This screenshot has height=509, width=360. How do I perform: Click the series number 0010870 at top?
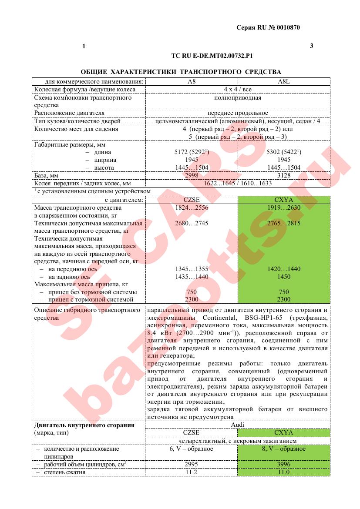[287, 28]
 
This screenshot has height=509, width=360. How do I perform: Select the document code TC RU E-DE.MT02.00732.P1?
[212, 56]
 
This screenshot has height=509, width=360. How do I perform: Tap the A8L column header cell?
[284, 81]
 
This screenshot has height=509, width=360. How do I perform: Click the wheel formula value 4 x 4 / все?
[237, 90]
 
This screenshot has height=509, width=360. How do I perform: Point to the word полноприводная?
[237, 98]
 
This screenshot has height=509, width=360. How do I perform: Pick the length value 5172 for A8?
[182, 152]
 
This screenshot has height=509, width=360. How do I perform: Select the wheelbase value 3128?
[284, 175]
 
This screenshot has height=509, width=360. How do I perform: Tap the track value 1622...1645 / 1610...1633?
[237, 183]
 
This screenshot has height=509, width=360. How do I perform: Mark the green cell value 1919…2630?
[284, 208]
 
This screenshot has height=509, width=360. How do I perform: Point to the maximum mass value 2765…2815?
[284, 224]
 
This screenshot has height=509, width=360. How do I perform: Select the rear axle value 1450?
[284, 277]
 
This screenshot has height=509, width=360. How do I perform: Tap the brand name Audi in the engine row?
[237, 425]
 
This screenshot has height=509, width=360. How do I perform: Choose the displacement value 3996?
[284, 464]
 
